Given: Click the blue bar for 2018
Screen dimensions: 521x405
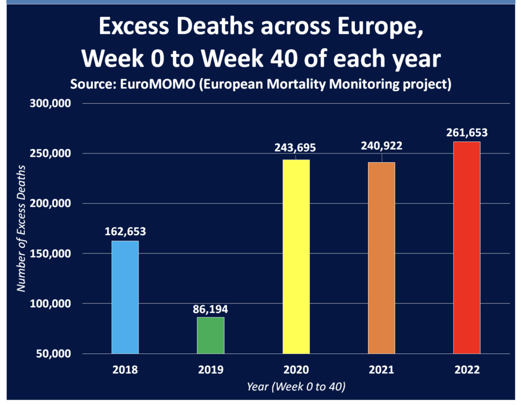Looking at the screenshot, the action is click(125, 297).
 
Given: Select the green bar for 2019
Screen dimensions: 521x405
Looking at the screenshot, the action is click(211, 335).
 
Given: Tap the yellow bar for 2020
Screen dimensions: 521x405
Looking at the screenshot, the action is click(296, 256).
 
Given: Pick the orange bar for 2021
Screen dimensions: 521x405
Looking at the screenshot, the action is click(382, 258).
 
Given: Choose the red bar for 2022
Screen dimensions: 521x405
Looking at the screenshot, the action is click(467, 248).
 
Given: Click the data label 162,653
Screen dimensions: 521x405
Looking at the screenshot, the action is click(125, 232).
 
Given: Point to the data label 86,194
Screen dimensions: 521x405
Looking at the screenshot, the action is click(210, 309).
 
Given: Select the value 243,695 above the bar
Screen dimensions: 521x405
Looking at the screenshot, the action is click(295, 148).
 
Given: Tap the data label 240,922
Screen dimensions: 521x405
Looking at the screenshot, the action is click(382, 146).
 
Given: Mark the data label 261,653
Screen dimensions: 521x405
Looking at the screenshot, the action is click(467, 133).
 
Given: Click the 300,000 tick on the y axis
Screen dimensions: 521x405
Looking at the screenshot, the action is click(50, 103).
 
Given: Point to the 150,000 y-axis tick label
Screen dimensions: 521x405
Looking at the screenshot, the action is click(50, 254).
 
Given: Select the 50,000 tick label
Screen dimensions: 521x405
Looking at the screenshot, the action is click(53, 354).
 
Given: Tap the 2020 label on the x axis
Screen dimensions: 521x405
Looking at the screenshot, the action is click(296, 370).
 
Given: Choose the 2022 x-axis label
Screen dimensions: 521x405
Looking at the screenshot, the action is click(467, 370).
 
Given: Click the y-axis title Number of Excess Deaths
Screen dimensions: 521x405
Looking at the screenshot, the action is click(21, 229).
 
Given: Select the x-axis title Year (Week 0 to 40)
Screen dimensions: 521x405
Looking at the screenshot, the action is click(296, 387).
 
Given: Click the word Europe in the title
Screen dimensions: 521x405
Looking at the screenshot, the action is click(380, 27).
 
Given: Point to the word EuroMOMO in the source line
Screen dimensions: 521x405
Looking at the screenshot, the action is click(158, 84).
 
